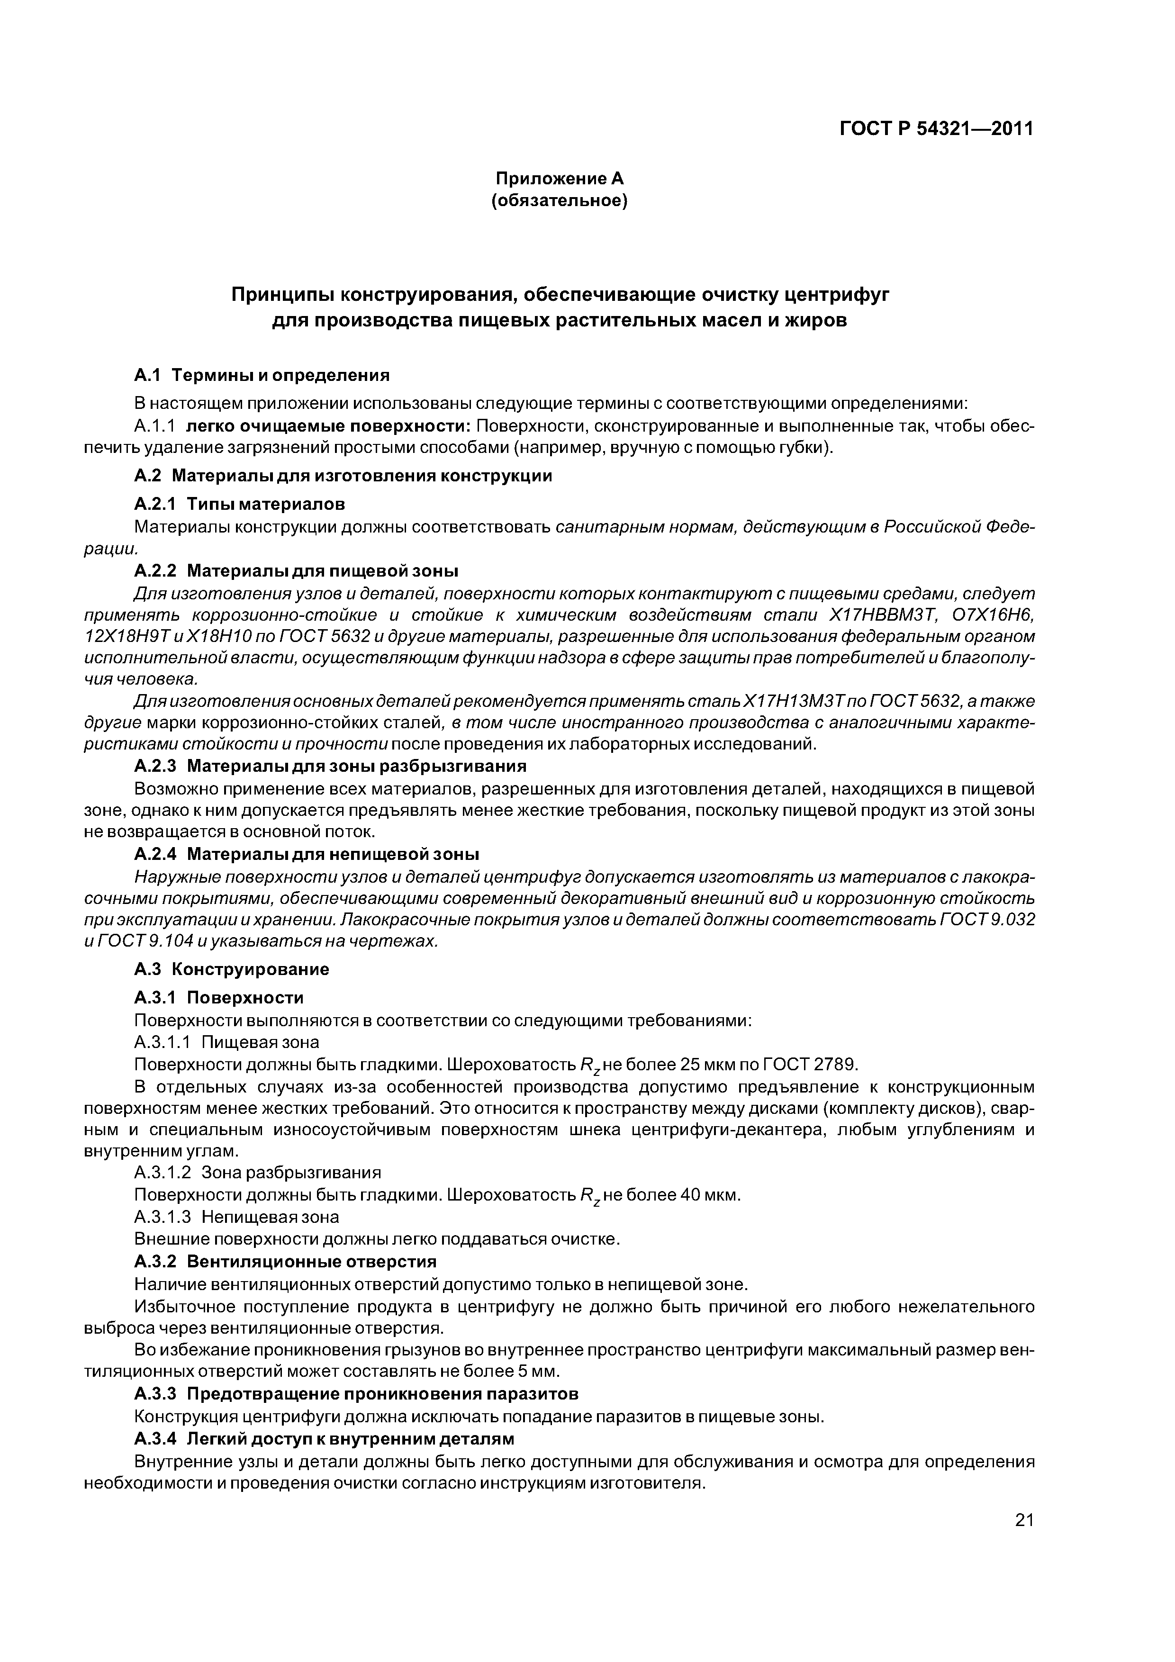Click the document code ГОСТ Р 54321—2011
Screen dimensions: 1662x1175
point(936,129)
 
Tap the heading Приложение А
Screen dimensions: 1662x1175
point(559,178)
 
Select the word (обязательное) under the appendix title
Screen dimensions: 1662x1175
point(559,200)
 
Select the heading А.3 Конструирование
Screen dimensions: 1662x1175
point(232,969)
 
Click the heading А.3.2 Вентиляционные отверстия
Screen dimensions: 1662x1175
point(286,1262)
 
